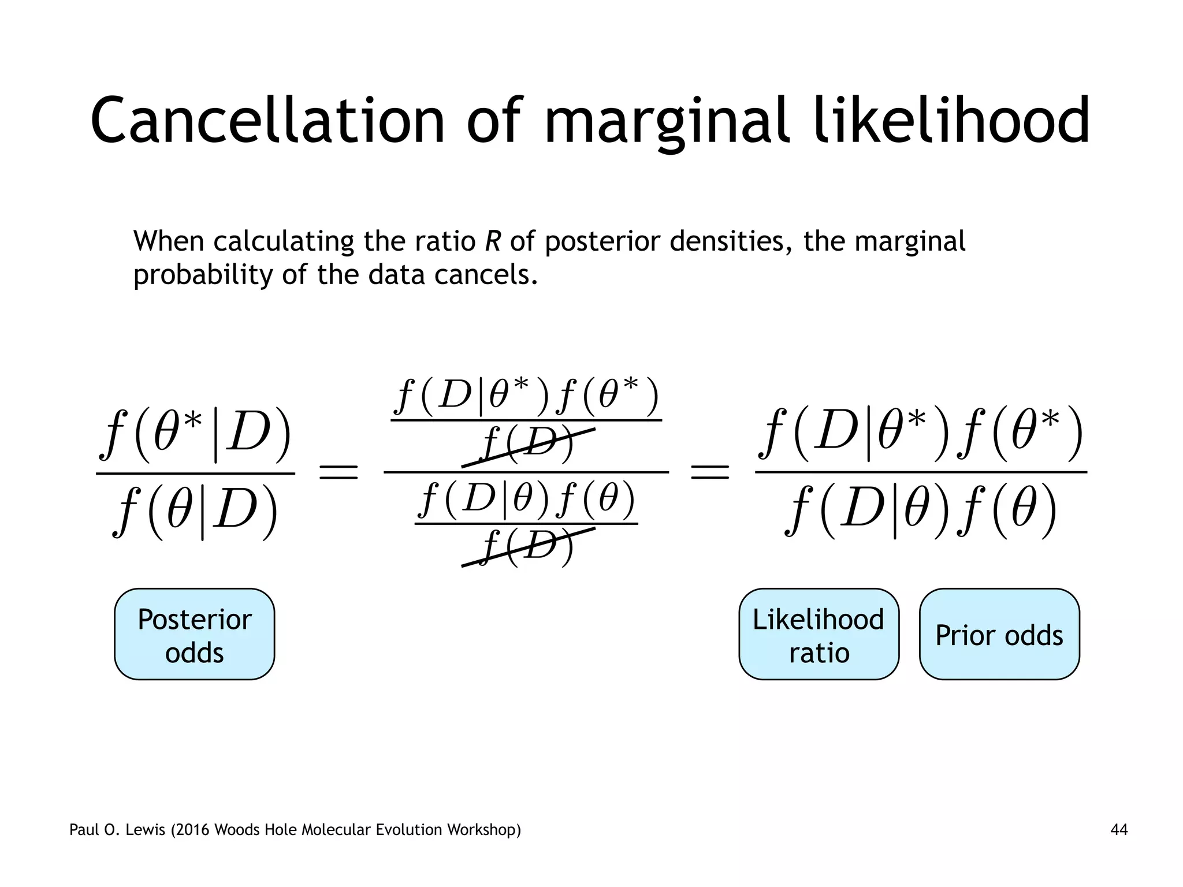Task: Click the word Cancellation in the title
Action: [267, 121]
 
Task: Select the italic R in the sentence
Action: [492, 241]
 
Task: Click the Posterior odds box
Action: [195, 635]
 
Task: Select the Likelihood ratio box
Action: [819, 635]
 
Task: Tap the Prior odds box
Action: [999, 635]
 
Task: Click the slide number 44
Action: [1118, 830]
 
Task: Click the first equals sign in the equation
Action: [339, 472]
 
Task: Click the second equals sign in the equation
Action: [710, 472]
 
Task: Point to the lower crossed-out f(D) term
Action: [527, 546]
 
